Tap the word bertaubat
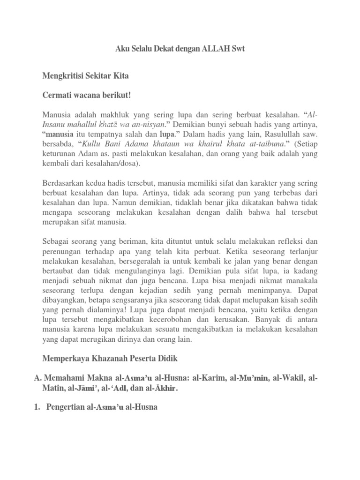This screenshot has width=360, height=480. coord(59,271)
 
